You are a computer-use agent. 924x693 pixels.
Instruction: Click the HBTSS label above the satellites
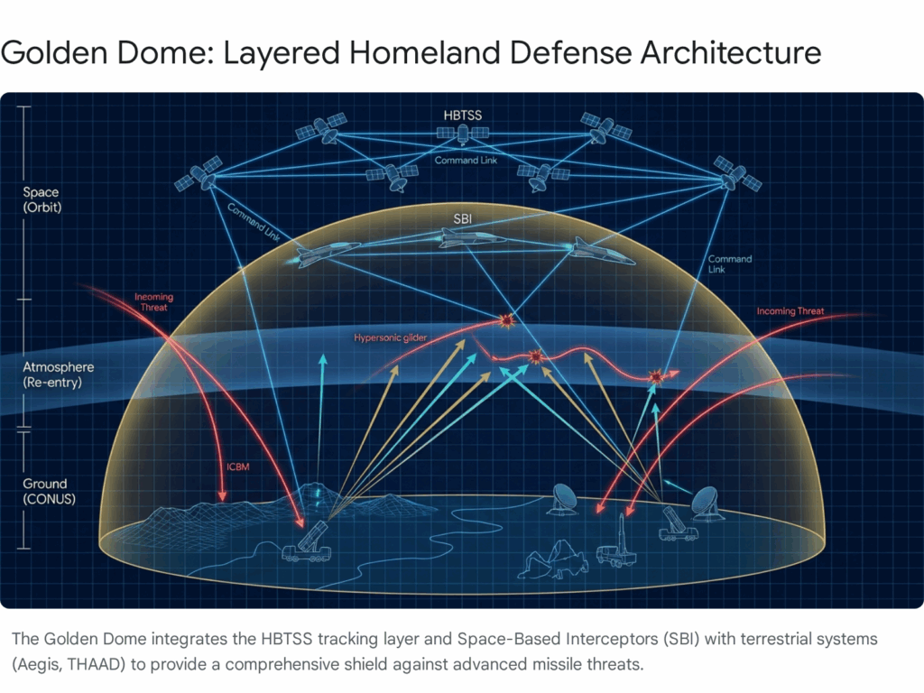[463, 115]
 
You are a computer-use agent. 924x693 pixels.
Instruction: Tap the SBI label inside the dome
[463, 219]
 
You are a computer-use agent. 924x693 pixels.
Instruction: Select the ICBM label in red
[238, 467]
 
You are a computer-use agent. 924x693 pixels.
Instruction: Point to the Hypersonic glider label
[390, 337]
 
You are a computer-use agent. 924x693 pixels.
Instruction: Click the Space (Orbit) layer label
[42, 199]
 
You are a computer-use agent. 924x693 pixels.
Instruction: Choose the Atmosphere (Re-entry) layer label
[59, 374]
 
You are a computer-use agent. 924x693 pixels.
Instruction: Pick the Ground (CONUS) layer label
[49, 491]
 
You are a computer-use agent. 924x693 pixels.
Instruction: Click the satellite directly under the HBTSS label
[463, 134]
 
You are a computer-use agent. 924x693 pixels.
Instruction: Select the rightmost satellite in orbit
[736, 173]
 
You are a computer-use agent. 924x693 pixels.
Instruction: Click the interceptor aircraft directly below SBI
[470, 238]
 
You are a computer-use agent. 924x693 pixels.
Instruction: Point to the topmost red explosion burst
[505, 320]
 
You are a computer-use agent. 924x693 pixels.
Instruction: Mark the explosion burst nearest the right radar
[655, 376]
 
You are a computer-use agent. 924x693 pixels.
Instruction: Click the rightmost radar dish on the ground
[706, 504]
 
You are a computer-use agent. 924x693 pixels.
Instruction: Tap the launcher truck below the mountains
[307, 543]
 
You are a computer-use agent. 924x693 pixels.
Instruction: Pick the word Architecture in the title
[731, 52]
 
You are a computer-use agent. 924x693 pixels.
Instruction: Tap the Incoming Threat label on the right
[790, 311]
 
